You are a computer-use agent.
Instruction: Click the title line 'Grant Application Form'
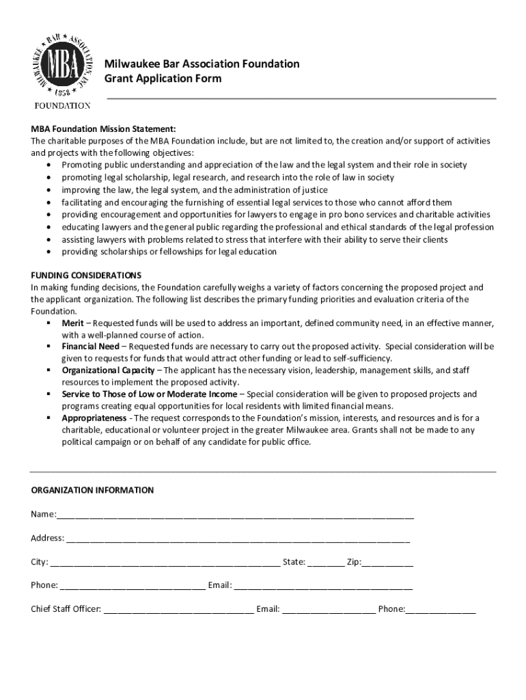163,79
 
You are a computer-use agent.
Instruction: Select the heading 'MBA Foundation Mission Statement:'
103,129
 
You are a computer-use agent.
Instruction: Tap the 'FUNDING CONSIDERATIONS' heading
86,275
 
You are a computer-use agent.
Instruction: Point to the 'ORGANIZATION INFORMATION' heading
92,490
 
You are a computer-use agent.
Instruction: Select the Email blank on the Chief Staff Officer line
329,610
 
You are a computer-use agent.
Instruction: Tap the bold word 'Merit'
73,323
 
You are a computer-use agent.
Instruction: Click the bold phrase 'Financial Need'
90,347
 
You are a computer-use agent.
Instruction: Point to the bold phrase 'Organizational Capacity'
108,371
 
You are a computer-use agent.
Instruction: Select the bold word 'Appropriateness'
94,418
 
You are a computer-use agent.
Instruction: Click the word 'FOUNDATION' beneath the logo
63,106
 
